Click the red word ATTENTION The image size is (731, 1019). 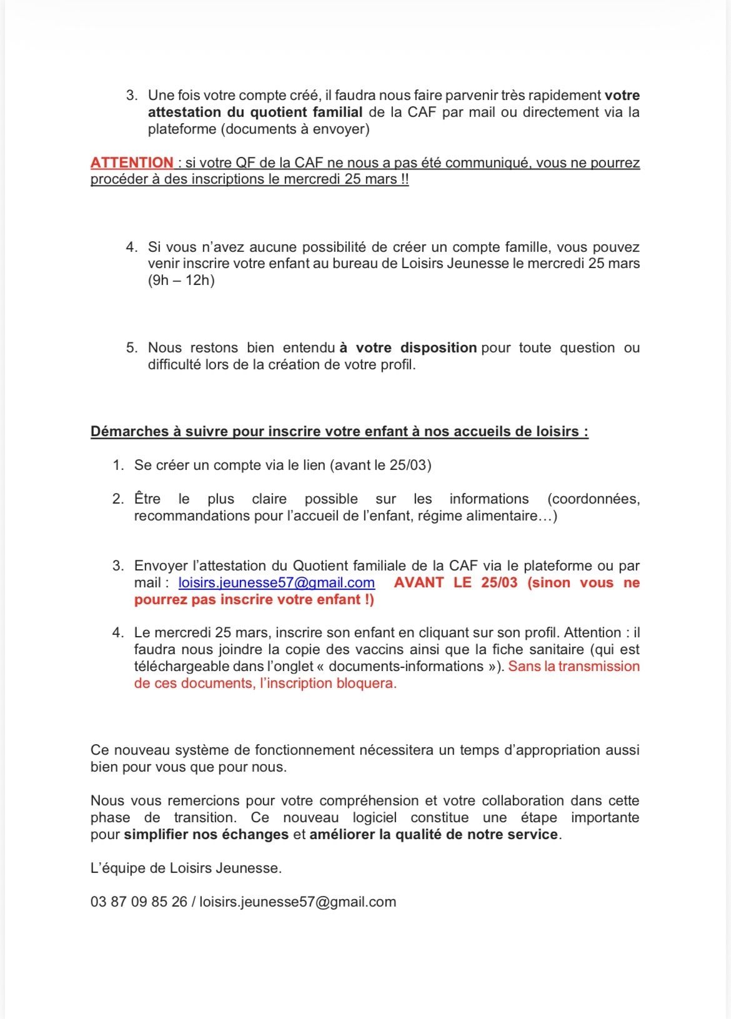[x=132, y=162]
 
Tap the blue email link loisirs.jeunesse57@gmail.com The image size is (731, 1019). [x=277, y=583]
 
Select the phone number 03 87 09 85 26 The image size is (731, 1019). [x=139, y=902]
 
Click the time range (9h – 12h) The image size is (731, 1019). [x=181, y=280]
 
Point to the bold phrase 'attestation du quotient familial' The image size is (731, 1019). [x=255, y=112]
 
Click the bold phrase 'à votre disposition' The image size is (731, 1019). [x=408, y=347]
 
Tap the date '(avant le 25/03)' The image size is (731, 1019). [x=380, y=465]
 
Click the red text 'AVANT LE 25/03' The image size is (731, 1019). [x=455, y=583]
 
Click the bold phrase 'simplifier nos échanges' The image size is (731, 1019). [x=206, y=835]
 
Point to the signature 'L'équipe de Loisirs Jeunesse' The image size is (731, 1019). [x=186, y=868]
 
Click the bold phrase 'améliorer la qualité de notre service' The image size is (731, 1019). [x=434, y=835]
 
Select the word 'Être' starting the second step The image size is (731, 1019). [x=147, y=499]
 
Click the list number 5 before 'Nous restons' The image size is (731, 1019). [x=131, y=347]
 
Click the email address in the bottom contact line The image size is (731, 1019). [x=297, y=902]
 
